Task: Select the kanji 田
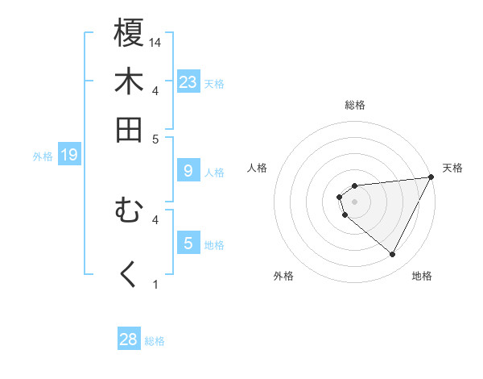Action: pos(129,129)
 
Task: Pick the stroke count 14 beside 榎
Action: pos(156,42)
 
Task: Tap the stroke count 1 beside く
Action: pos(156,284)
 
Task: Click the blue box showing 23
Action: pos(188,82)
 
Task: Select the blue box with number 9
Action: pos(188,171)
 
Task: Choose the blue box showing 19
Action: pos(69,155)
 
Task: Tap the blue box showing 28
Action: pos(129,339)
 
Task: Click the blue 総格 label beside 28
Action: pos(155,341)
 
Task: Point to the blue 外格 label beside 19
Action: pos(43,156)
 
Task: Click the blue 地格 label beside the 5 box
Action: pos(214,245)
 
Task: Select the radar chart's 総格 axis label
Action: pos(355,105)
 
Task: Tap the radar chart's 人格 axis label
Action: pos(258,168)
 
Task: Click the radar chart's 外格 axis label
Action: pos(283,276)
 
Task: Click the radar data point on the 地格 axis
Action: pos(393,255)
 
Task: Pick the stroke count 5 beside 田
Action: pos(156,139)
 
